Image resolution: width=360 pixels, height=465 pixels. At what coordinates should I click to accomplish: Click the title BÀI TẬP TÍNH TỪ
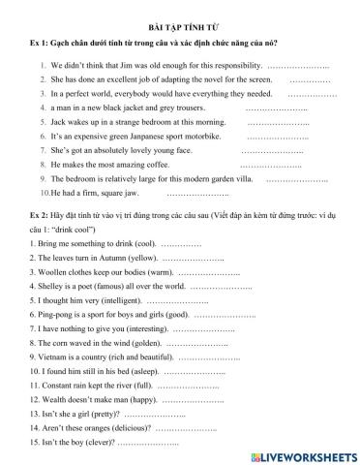(179, 30)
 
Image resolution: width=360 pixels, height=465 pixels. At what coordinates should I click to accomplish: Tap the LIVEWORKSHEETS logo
(302, 454)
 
